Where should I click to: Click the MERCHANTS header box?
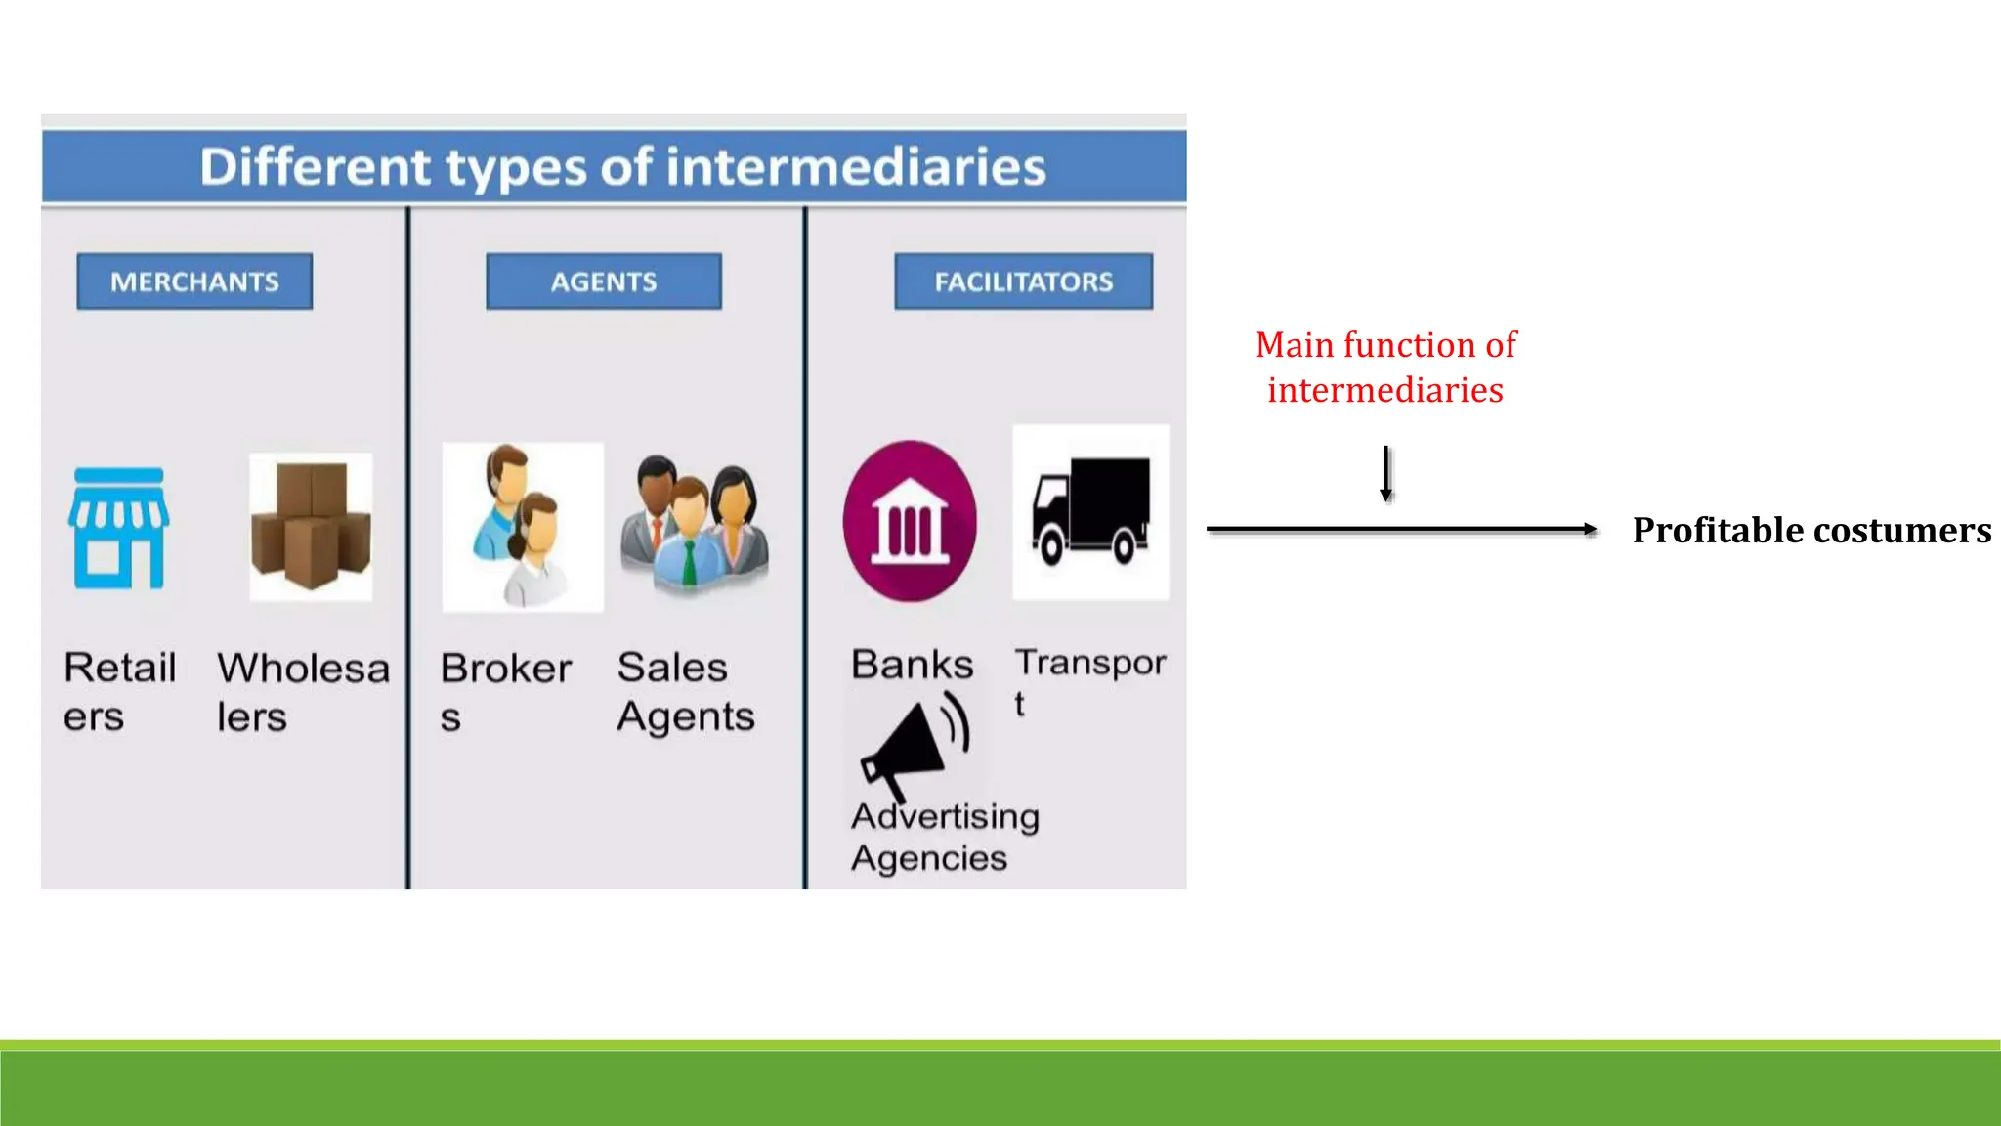click(x=194, y=281)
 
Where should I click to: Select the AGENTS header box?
click(x=604, y=281)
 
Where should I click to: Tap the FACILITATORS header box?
click(x=1023, y=281)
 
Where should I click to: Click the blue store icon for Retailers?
click(x=118, y=528)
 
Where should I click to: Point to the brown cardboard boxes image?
click(x=311, y=526)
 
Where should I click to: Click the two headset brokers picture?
click(x=522, y=527)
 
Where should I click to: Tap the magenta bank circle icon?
click(x=910, y=521)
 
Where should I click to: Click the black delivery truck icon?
click(x=1090, y=511)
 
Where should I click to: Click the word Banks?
click(x=912, y=665)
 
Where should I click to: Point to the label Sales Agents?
click(x=685, y=691)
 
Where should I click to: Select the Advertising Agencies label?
click(x=944, y=837)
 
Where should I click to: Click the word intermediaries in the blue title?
click(x=856, y=166)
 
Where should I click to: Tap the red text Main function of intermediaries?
click(x=1385, y=367)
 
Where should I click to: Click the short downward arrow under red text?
click(x=1385, y=473)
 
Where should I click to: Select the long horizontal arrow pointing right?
click(x=1401, y=529)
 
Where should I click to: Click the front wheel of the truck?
click(x=1051, y=545)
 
